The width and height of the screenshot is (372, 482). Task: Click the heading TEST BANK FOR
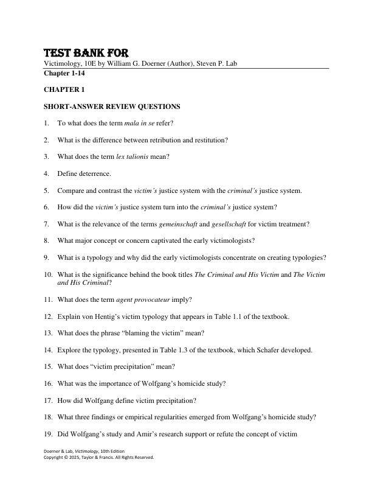tap(86, 53)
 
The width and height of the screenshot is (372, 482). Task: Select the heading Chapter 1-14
tap(64, 73)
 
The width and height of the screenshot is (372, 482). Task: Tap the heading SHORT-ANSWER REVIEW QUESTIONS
tap(112, 107)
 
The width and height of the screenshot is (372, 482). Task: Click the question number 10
tap(48, 274)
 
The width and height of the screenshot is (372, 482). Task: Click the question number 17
tap(48, 400)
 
